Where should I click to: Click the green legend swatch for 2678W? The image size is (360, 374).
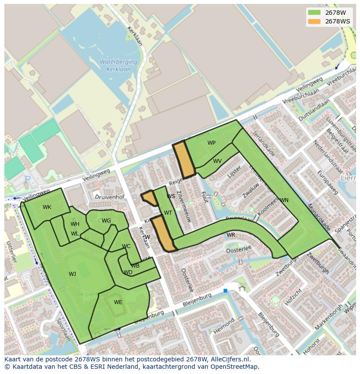tap(314, 12)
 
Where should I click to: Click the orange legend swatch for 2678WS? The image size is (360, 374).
tap(314, 21)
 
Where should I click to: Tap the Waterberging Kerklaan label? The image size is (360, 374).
tap(118, 66)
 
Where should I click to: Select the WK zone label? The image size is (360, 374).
tap(47, 207)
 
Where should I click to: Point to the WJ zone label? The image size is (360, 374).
tap(72, 274)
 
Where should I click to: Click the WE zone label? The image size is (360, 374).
tap(118, 302)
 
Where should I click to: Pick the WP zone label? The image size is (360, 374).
tap(211, 143)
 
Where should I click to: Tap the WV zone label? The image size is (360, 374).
tap(217, 161)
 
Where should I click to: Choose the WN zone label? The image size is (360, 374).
tap(284, 200)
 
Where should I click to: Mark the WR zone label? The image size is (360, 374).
tap(231, 235)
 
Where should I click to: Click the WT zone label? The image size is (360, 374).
tap(168, 213)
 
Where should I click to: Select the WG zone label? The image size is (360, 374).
tap(107, 221)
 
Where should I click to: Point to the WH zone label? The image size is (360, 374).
tap(75, 224)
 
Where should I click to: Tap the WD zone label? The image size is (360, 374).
tap(128, 273)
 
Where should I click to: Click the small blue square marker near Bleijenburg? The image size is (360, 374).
tap(225, 290)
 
